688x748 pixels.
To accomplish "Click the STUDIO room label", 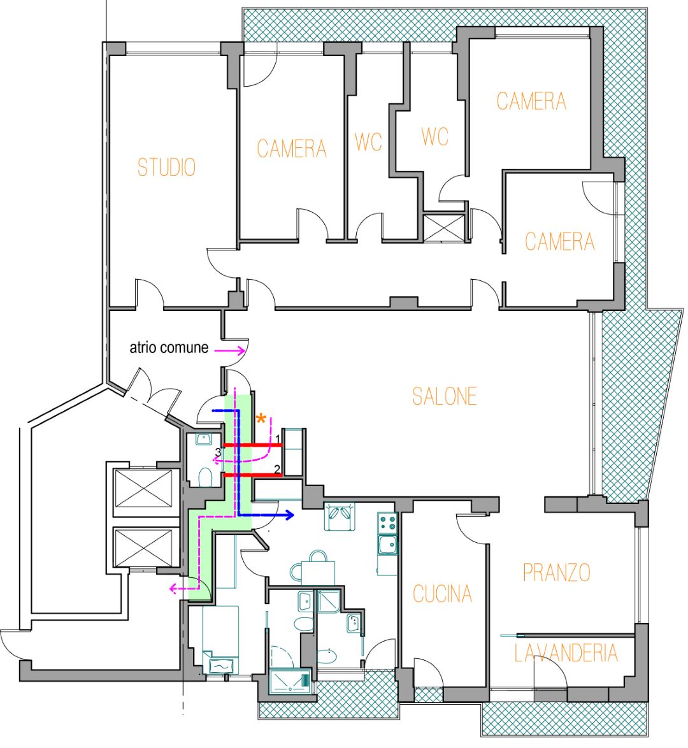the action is point(166,167).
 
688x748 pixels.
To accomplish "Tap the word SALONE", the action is point(445,396).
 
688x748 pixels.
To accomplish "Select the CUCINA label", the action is point(442,594).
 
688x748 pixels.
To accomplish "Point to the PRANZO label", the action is point(557,572).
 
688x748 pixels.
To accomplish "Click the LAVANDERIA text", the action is point(566,652).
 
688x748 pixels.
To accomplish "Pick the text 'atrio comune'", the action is point(169,347).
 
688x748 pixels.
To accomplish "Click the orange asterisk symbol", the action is point(261,419).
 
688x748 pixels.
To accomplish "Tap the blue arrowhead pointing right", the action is point(290,514).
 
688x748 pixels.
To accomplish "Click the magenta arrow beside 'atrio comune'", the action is point(229,350).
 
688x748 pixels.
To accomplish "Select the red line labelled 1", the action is point(253,445).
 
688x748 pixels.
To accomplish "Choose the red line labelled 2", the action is point(253,475).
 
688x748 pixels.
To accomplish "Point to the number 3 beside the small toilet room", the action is point(218,452).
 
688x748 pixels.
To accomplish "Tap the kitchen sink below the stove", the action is point(387,545).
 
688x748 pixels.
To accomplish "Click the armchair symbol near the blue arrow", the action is point(340,516).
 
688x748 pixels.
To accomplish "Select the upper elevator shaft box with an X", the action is point(143,489).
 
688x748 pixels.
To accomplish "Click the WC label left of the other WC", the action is point(368,142).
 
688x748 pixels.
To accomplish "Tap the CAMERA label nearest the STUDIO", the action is point(292,148).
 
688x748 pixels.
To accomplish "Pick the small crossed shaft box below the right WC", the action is point(444,227).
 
